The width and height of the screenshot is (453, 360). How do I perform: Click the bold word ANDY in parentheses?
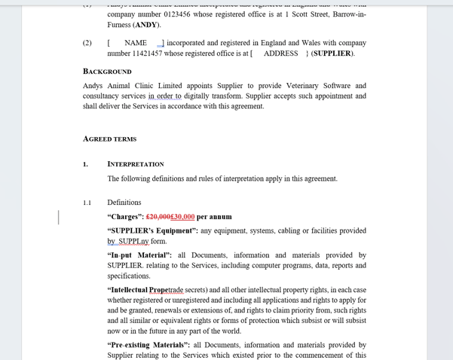point(146,25)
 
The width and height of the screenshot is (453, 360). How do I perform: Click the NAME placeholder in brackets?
point(136,43)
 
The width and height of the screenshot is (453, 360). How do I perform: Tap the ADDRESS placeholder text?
point(280,53)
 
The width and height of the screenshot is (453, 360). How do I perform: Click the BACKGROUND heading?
point(107,72)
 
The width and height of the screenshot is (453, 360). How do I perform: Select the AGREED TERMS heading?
point(109,139)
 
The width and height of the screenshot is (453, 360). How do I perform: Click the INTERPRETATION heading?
point(136,163)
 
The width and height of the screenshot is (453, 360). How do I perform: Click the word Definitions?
point(124,203)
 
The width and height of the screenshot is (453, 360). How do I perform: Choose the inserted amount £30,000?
point(183,217)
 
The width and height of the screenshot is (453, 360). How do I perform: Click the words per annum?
point(214,217)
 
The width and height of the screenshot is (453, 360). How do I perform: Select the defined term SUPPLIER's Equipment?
point(152,230)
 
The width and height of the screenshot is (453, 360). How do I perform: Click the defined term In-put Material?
point(139,255)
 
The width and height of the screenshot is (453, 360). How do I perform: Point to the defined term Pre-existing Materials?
point(148,345)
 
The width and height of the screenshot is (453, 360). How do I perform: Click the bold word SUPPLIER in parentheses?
point(332,53)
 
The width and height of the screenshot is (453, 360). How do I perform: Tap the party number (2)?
point(87,43)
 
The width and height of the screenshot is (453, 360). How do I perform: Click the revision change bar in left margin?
point(59,217)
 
